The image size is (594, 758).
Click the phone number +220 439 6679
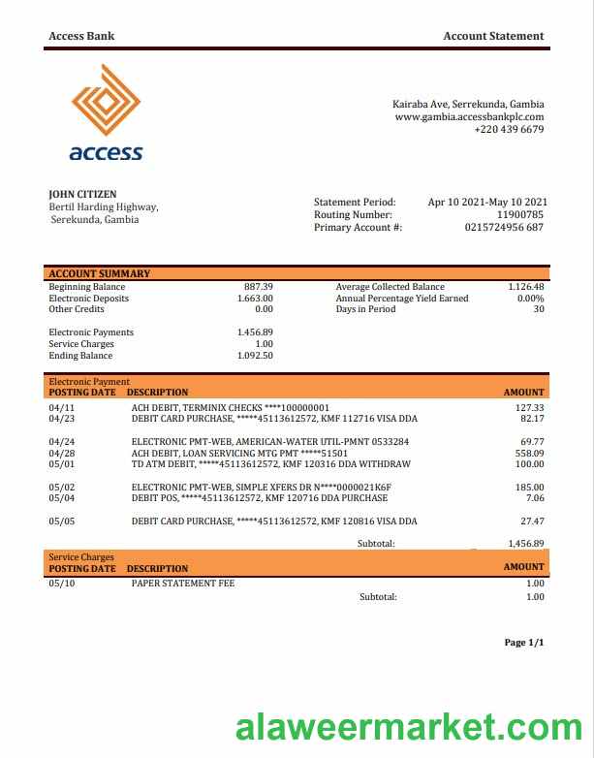[509, 130]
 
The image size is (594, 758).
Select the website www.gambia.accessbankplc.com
[469, 117]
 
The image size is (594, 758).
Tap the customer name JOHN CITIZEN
[82, 195]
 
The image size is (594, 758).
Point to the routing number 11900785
[520, 214]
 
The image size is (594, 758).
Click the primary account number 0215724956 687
[504, 227]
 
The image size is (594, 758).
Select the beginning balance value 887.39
[259, 287]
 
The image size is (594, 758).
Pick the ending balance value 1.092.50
[255, 356]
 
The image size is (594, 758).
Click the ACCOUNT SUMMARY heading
[99, 274]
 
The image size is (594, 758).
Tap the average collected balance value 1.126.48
[525, 287]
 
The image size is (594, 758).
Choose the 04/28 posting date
[61, 453]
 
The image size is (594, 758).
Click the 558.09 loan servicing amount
[529, 453]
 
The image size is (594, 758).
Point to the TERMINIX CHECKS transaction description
[230, 408]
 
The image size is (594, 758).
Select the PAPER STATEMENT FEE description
[183, 584]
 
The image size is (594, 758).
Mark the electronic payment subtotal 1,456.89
[525, 544]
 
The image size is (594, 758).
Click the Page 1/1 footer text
[524, 643]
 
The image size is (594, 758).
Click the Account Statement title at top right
[493, 36]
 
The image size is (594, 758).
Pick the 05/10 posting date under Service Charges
[61, 584]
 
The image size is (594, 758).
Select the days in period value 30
[539, 309]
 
